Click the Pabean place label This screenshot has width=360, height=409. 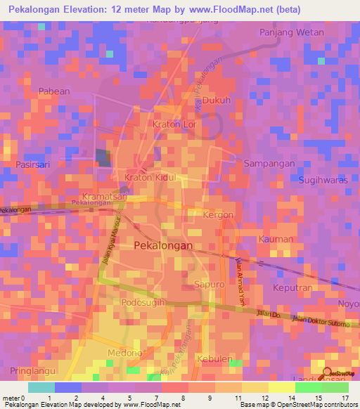coord(54,91)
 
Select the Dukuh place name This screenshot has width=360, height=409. coord(217,100)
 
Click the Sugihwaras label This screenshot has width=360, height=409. coord(323,180)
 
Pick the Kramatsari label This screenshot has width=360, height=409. coord(104,197)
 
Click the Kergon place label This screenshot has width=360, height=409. coord(217,214)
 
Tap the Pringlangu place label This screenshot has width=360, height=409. coord(32,370)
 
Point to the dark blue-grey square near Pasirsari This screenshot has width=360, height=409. coord(103,157)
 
